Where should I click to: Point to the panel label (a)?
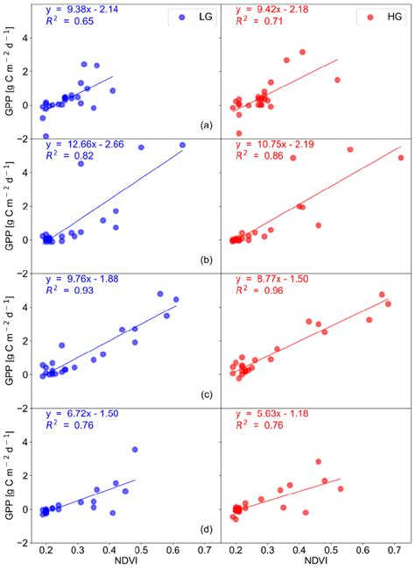207,124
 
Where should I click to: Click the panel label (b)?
207,260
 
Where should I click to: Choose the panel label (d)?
207,529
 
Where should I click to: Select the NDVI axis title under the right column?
313,561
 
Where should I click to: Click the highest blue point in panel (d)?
135,450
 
